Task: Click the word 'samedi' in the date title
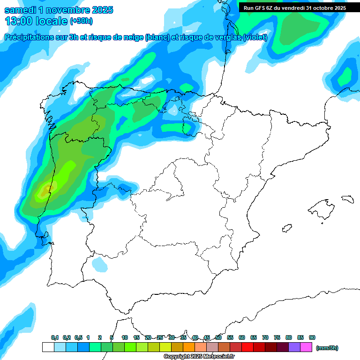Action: coord(20,10)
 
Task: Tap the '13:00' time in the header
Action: coord(18,21)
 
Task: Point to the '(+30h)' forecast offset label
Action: coord(81,21)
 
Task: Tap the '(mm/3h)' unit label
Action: coord(327,348)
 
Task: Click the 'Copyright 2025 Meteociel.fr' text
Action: coord(199,357)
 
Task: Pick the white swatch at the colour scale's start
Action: coord(48,347)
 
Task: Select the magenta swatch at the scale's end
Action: coord(306,347)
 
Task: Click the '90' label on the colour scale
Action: coord(312,337)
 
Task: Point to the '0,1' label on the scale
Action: coord(55,337)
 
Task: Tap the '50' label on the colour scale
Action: coord(218,337)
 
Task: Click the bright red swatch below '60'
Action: coord(247,347)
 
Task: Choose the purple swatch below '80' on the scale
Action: coord(294,347)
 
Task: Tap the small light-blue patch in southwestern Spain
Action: coord(99,265)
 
